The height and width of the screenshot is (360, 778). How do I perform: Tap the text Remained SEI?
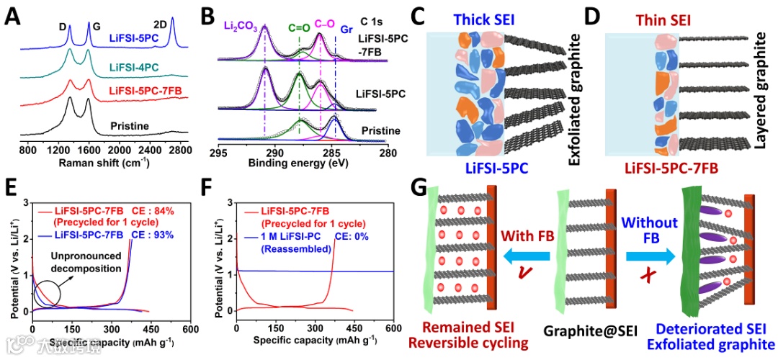(x=475, y=329)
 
